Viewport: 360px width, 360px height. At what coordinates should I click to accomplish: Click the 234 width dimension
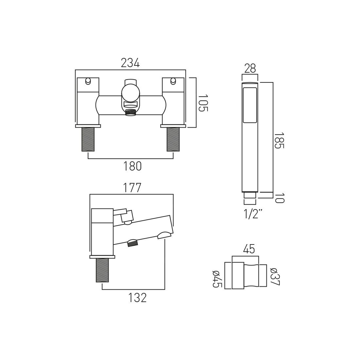pos(130,63)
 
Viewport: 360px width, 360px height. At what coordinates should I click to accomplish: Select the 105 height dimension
pos(203,103)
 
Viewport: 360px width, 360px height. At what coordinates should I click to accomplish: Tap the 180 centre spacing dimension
pos(133,166)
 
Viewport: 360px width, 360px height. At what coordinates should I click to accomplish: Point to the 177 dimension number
pos(132,188)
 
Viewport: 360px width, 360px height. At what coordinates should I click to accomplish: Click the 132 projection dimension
pos(137,298)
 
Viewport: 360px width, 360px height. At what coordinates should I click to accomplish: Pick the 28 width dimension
pos(250,68)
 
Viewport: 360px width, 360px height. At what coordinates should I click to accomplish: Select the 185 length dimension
pos(279,140)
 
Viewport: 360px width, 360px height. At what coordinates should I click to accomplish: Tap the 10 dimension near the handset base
pos(279,198)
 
